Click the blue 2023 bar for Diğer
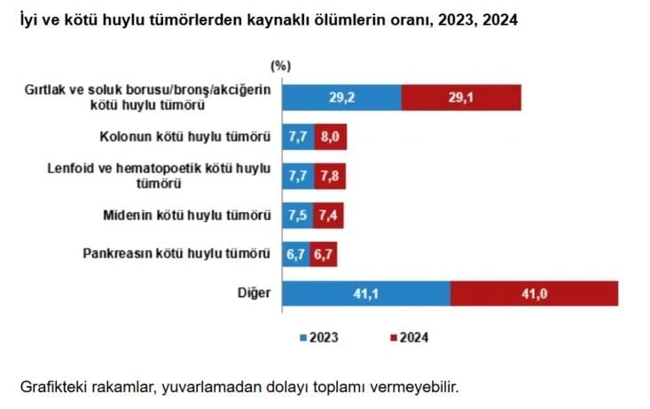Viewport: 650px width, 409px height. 366,293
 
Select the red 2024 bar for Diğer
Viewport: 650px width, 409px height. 534,293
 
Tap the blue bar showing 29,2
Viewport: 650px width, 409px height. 341,98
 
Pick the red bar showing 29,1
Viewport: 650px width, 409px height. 460,98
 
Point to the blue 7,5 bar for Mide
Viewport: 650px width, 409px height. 296,215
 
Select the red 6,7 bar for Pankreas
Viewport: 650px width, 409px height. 324,254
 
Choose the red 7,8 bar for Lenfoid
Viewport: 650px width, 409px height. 329,176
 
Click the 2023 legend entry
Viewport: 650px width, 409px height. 318,337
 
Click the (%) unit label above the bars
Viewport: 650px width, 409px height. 280,65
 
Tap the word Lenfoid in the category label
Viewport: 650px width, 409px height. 69,169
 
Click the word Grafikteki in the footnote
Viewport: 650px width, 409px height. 52,387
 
